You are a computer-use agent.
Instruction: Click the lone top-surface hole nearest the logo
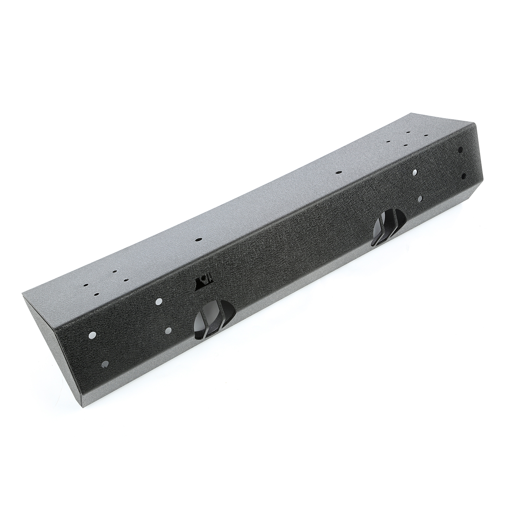tap(197, 240)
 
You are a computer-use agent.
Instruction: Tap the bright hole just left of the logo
tap(158, 301)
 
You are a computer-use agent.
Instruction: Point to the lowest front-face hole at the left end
tap(104, 364)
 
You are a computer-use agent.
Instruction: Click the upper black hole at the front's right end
tap(460, 149)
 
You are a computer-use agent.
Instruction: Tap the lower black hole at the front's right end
tap(464, 176)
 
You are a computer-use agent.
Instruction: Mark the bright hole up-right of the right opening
tap(415, 172)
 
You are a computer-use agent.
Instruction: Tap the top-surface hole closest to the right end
tap(426, 135)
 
